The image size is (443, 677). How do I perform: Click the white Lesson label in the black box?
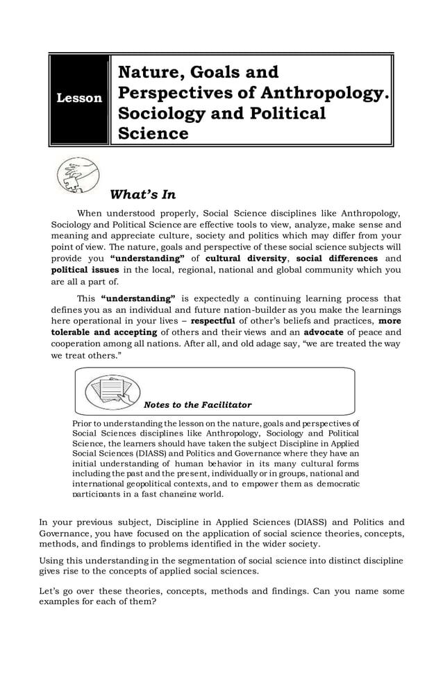(79, 98)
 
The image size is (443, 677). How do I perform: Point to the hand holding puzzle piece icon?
(77, 175)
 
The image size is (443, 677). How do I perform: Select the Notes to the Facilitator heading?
(197, 404)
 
